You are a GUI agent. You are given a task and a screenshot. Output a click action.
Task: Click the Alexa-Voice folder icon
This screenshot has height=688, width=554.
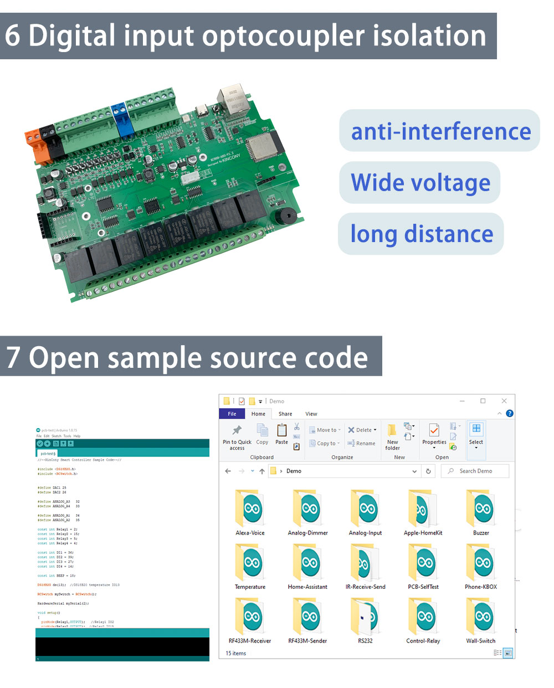[250, 508]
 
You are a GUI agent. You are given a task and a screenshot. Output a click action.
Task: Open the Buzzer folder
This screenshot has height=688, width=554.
[481, 508]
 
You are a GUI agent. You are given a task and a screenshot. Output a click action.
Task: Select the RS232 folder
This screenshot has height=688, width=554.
[366, 617]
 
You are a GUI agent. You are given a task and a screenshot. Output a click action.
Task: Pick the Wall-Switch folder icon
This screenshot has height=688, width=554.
[481, 617]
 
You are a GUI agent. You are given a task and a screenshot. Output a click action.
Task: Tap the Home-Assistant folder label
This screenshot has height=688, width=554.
[307, 587]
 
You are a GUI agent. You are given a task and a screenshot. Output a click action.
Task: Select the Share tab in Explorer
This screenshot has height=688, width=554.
[285, 414]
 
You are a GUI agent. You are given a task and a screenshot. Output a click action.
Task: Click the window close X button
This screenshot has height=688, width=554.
[504, 401]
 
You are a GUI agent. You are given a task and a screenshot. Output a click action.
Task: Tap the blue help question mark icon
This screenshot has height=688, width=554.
[510, 413]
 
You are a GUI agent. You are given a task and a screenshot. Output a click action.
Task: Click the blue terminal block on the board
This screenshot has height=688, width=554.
[121, 118]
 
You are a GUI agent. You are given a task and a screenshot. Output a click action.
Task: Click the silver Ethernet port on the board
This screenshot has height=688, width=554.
[234, 100]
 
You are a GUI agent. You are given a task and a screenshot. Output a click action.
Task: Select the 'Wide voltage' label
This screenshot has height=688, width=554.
[420, 182]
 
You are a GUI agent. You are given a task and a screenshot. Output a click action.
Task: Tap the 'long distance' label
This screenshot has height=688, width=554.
[422, 234]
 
